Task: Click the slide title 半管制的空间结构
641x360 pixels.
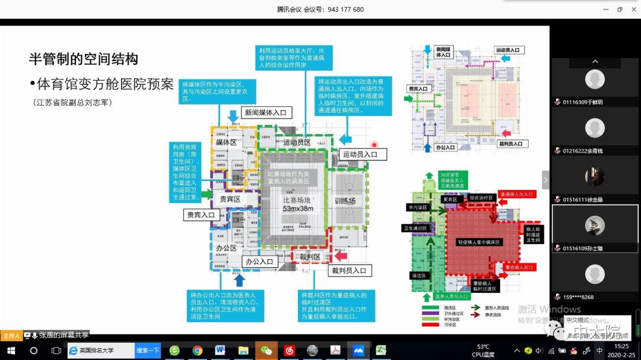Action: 84,59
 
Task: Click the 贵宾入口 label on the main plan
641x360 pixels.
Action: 201,215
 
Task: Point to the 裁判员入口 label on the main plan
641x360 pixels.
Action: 350,270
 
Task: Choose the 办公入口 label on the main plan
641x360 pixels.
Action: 259,262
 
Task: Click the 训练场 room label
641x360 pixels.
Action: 345,201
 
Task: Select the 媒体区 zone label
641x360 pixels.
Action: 226,142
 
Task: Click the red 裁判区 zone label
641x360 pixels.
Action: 310,257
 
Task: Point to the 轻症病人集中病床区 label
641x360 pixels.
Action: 480,242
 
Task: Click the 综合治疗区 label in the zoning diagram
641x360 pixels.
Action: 481,197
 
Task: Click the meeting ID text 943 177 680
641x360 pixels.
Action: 345,9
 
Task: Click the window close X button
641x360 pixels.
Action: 634,9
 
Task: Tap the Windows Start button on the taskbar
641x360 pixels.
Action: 11,351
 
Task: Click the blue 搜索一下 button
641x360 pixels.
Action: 147,351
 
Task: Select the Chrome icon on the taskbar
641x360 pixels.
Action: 197,351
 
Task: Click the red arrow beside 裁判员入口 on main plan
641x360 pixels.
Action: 341,254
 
